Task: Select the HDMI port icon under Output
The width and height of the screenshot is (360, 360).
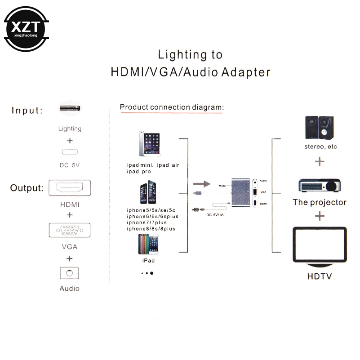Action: pos(70,187)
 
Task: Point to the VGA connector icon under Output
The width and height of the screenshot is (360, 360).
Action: pos(70,231)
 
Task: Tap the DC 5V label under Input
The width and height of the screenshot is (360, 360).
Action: pos(70,165)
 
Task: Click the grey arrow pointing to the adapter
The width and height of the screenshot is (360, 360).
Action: pos(201,184)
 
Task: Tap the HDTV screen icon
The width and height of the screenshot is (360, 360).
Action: pos(320,245)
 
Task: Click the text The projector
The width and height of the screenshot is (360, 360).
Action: pos(320,202)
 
